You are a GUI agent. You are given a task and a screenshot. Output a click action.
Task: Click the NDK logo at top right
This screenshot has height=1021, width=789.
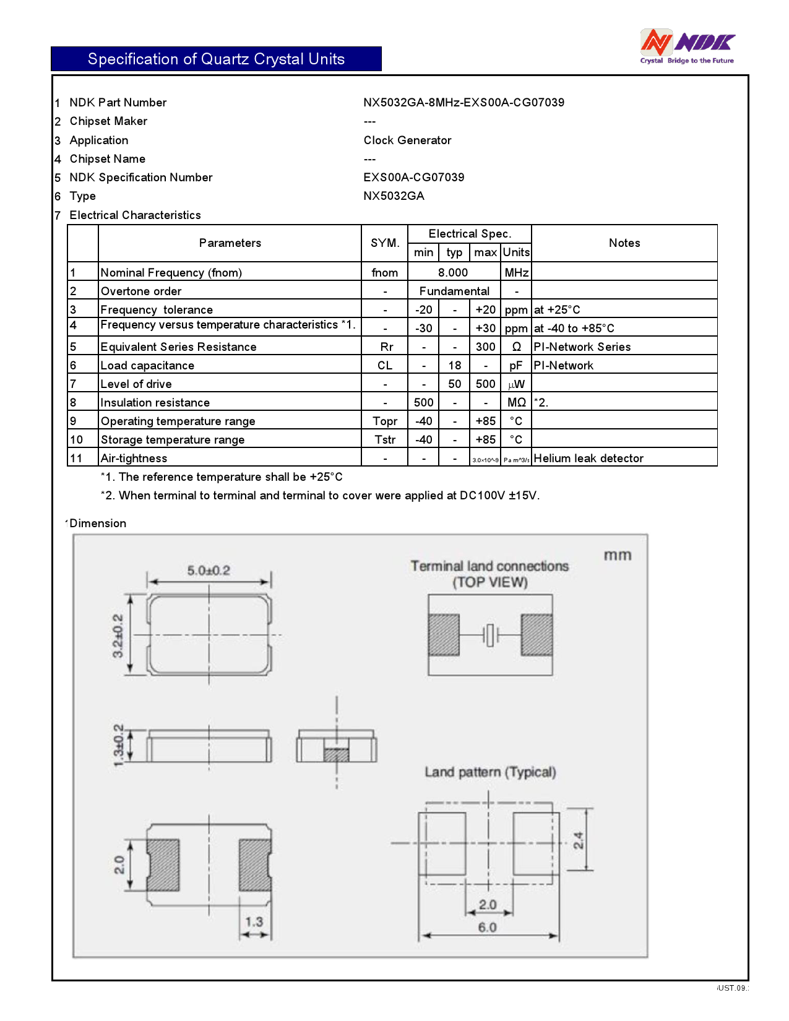click(x=687, y=46)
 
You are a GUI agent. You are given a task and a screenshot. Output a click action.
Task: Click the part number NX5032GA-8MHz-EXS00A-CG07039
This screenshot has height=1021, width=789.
click(x=463, y=103)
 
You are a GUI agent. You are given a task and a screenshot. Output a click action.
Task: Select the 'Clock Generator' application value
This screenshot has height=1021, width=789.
click(x=407, y=140)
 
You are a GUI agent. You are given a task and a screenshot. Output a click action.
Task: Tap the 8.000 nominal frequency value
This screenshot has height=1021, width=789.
click(x=453, y=273)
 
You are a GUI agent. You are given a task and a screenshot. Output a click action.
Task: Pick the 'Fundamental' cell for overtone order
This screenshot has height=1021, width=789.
click(x=454, y=291)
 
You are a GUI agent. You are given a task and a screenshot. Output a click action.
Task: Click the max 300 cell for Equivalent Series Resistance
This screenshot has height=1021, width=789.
click(x=485, y=347)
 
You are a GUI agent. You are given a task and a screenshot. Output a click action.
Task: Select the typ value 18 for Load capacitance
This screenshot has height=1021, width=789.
click(x=454, y=366)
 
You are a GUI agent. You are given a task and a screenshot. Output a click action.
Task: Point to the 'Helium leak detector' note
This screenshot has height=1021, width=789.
click(x=588, y=459)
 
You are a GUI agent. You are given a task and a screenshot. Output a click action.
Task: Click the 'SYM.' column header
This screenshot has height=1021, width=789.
click(x=384, y=243)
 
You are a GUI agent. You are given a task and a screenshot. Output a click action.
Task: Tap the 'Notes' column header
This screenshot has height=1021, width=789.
click(x=624, y=243)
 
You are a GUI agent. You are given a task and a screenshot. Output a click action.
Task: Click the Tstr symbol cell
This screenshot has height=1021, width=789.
click(x=384, y=440)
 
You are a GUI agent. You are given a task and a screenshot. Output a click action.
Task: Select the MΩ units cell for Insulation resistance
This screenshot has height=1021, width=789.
click(x=516, y=403)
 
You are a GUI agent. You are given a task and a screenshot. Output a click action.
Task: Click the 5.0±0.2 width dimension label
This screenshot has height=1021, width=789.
click(x=209, y=571)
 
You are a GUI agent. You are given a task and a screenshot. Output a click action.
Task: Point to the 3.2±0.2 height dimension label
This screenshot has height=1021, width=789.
click(x=118, y=635)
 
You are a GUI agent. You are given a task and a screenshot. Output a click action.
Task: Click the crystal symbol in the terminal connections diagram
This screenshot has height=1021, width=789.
click(x=490, y=635)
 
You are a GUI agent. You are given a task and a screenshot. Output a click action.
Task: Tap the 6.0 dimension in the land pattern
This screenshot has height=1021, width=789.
click(x=487, y=927)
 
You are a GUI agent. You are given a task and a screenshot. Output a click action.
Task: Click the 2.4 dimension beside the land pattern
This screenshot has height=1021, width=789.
click(x=578, y=840)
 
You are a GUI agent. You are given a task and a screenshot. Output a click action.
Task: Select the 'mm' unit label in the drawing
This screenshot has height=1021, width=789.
click(x=617, y=555)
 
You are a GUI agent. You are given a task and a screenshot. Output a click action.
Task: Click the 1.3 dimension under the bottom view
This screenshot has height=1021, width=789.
click(x=254, y=922)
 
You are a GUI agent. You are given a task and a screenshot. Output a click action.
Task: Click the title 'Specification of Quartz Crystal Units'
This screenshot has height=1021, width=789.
click(x=216, y=59)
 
